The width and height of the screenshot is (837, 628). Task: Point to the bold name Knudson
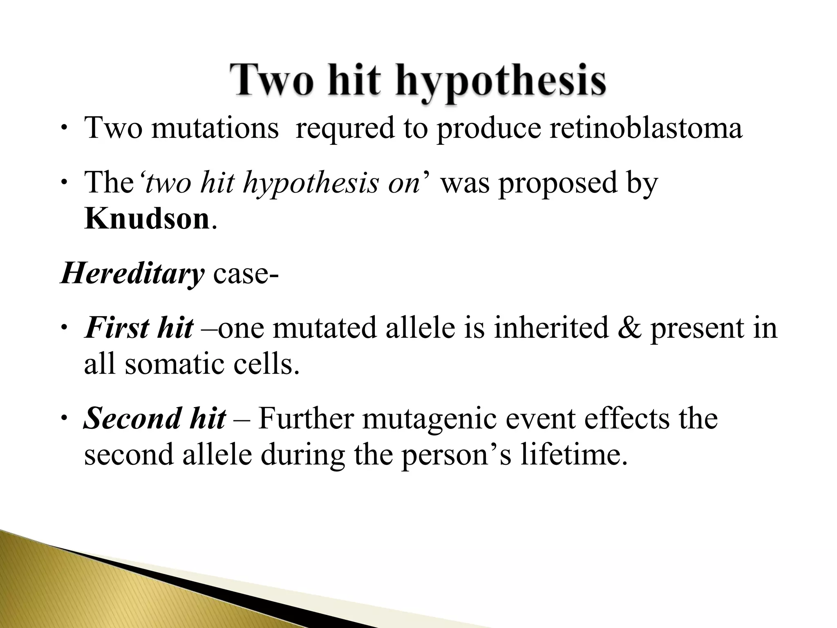pos(147,220)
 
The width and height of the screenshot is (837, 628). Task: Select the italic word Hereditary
pos(132,273)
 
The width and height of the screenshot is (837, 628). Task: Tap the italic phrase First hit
pos(139,328)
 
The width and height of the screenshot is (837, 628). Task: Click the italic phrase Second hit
pos(154,419)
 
